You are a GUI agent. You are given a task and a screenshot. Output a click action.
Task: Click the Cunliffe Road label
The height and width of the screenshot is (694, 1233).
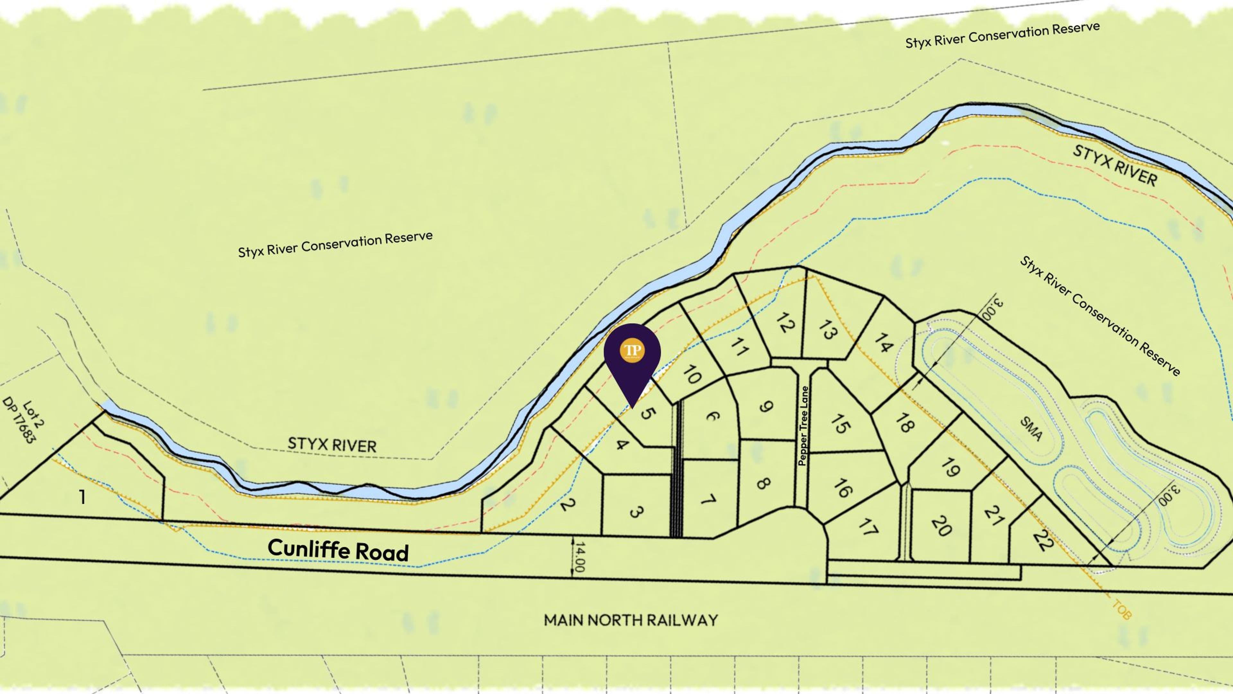click(338, 550)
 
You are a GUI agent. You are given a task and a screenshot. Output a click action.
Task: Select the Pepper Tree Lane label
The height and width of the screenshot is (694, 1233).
click(803, 426)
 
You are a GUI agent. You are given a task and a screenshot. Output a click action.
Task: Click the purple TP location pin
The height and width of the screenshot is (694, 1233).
click(632, 357)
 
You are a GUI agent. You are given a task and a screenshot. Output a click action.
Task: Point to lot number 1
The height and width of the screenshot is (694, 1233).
click(82, 497)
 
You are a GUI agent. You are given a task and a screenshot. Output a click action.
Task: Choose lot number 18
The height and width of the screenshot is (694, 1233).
click(905, 423)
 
